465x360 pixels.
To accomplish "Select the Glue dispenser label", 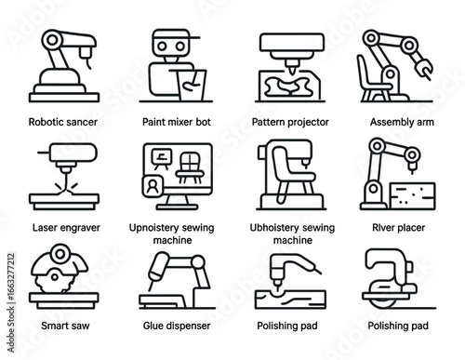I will pos(177,327).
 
